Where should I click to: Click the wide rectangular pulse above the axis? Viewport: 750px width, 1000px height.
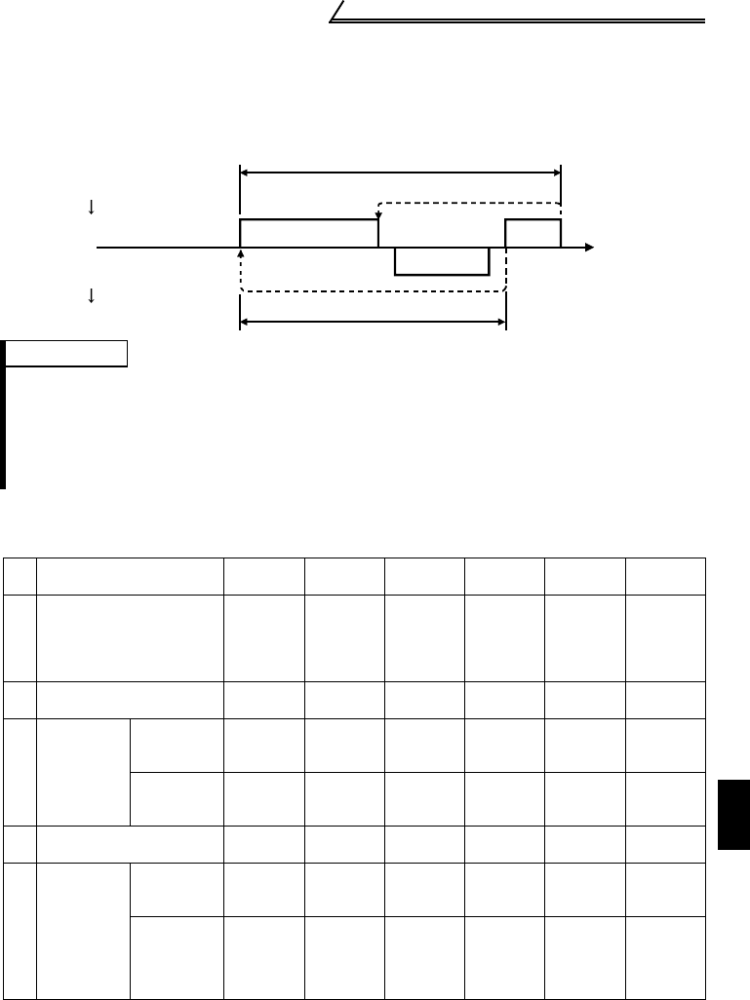point(308,234)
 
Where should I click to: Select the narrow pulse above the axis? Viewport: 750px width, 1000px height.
point(533,234)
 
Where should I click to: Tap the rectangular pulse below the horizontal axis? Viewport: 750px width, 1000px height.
point(441,261)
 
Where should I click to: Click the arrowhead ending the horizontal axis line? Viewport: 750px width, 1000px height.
point(589,248)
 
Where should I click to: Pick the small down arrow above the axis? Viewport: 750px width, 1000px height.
point(91,207)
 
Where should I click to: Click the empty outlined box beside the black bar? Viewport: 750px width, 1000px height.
point(69,353)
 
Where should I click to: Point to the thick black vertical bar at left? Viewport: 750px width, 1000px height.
point(4,414)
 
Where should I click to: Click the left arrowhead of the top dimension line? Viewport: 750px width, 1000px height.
point(245,173)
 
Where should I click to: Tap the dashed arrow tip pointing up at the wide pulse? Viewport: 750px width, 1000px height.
point(241,252)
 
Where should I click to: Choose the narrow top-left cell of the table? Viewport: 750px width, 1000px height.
point(19,575)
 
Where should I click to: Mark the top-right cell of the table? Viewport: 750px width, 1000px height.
point(665,575)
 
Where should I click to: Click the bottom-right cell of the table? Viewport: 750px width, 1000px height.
point(665,957)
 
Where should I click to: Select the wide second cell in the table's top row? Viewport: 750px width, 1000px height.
point(130,575)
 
